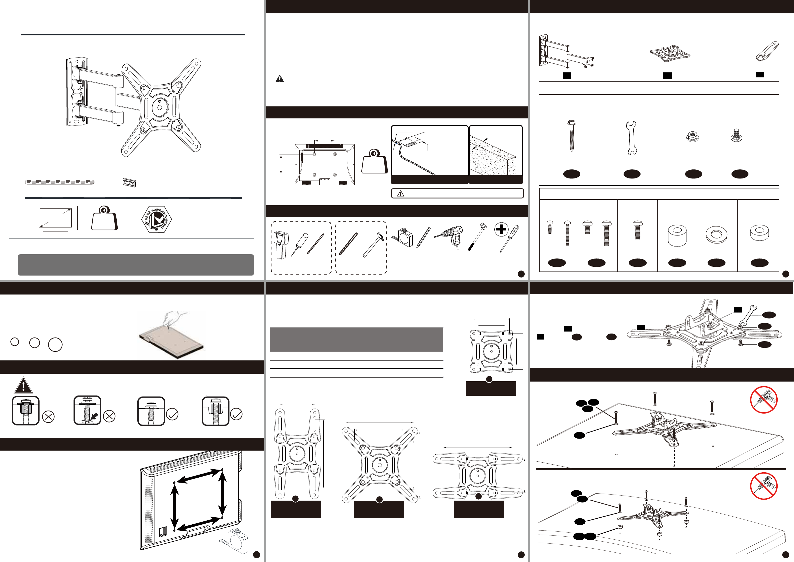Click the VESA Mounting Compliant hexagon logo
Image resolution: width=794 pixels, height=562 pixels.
pyautogui.click(x=157, y=219)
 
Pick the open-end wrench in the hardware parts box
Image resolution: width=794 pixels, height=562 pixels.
pyautogui.click(x=631, y=137)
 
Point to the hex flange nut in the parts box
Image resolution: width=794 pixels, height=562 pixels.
pyautogui.click(x=693, y=136)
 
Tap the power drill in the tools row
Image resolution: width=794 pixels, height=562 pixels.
pyautogui.click(x=449, y=236)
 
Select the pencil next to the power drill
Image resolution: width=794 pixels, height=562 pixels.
pyautogui.click(x=423, y=237)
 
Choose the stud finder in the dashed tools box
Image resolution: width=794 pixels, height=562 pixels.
pyautogui.click(x=281, y=245)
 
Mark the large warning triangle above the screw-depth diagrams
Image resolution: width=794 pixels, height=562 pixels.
pyautogui.click(x=23, y=385)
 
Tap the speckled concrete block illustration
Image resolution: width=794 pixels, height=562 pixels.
pyautogui.click(x=493, y=155)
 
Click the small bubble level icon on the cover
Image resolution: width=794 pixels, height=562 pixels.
pyautogui.click(x=129, y=182)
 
